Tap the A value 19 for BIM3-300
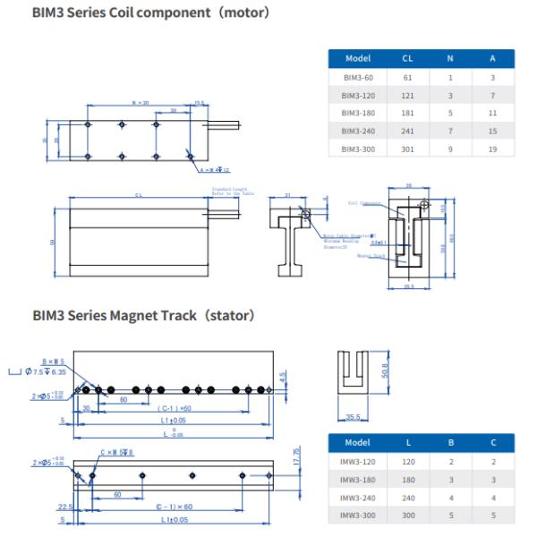(492, 148)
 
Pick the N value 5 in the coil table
(449, 113)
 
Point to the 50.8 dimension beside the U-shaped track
(385, 370)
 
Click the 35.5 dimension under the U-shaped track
(354, 416)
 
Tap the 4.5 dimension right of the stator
(284, 378)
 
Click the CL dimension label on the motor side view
(139, 196)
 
